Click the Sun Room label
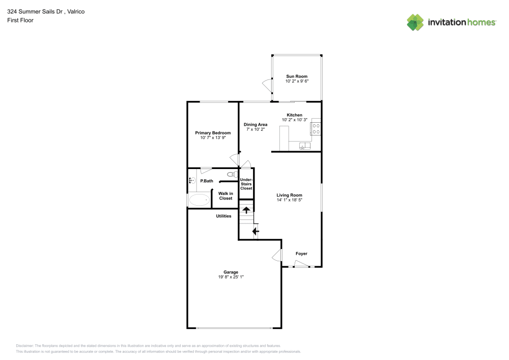pyautogui.click(x=296, y=76)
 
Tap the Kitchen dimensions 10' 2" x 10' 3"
pyautogui.click(x=294, y=120)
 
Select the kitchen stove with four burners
pyautogui.click(x=316, y=128)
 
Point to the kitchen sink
pyautogui.click(x=304, y=146)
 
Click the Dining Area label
pyautogui.click(x=255, y=124)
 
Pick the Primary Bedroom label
pyautogui.click(x=213, y=133)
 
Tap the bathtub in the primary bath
pyautogui.click(x=199, y=201)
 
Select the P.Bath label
pyautogui.click(x=206, y=181)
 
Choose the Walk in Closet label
pyautogui.click(x=225, y=196)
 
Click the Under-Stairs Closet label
pyautogui.click(x=246, y=184)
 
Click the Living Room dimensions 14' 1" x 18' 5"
pyautogui.click(x=289, y=200)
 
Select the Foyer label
pyautogui.click(x=301, y=254)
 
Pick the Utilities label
pyautogui.click(x=223, y=216)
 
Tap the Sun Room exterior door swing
pyautogui.click(x=266, y=84)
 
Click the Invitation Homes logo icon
pyautogui.click(x=415, y=22)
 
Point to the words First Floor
pyautogui.click(x=20, y=20)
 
